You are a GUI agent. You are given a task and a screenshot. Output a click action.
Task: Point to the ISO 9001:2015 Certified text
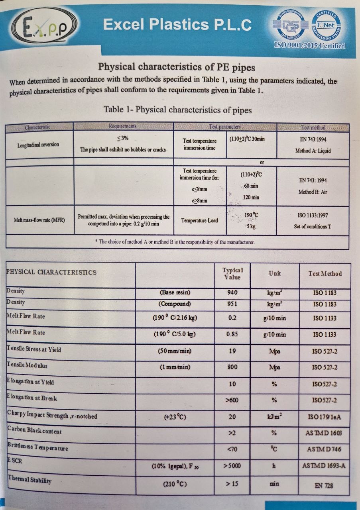309,45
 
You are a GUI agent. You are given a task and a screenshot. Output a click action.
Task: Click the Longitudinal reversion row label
38,145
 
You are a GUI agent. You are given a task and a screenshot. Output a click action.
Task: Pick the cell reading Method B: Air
313,192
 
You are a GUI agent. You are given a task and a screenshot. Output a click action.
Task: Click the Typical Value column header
232,273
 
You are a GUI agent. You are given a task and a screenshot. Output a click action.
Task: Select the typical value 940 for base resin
232,293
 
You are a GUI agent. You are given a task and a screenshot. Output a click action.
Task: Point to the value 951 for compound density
232,304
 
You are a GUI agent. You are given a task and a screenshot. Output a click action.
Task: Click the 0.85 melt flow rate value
232,334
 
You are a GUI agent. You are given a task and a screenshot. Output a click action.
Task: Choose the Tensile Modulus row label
27,365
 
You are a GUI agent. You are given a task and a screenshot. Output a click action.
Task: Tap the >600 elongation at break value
232,400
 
